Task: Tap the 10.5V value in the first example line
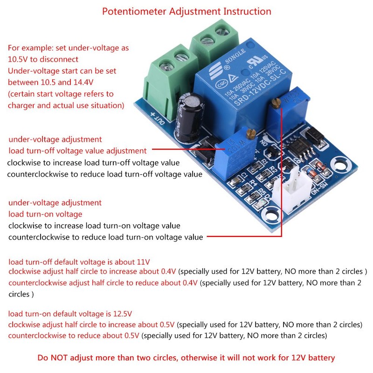click(19, 59)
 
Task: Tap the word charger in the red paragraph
click(21, 105)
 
